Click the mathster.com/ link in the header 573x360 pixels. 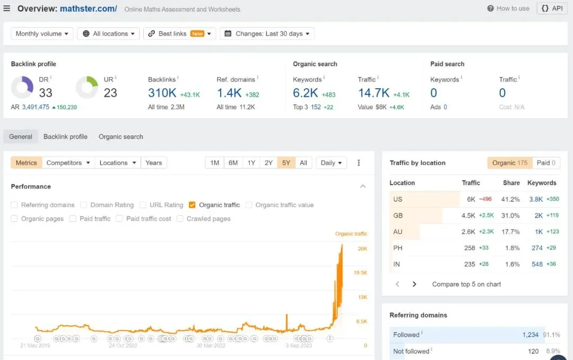(89, 9)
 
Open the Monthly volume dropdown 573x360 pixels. (42, 33)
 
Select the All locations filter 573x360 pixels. (109, 33)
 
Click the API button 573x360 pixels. (552, 8)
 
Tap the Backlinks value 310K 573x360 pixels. (162, 93)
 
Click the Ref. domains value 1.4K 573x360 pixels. (229, 93)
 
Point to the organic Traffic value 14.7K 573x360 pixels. (374, 93)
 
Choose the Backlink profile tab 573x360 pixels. (65, 136)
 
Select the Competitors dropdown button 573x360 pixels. (68, 163)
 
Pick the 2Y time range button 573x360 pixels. (268, 163)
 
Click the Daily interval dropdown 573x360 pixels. (331, 163)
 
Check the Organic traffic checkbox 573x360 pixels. (192, 205)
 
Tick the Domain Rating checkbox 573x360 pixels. (84, 205)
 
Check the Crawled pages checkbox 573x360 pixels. (180, 218)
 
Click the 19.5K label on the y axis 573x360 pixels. (360, 273)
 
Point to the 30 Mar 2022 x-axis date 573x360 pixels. (211, 346)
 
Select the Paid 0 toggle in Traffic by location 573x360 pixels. (546, 163)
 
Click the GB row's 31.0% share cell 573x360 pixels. (510, 216)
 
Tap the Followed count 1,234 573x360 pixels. (530, 335)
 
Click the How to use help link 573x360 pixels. (508, 8)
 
